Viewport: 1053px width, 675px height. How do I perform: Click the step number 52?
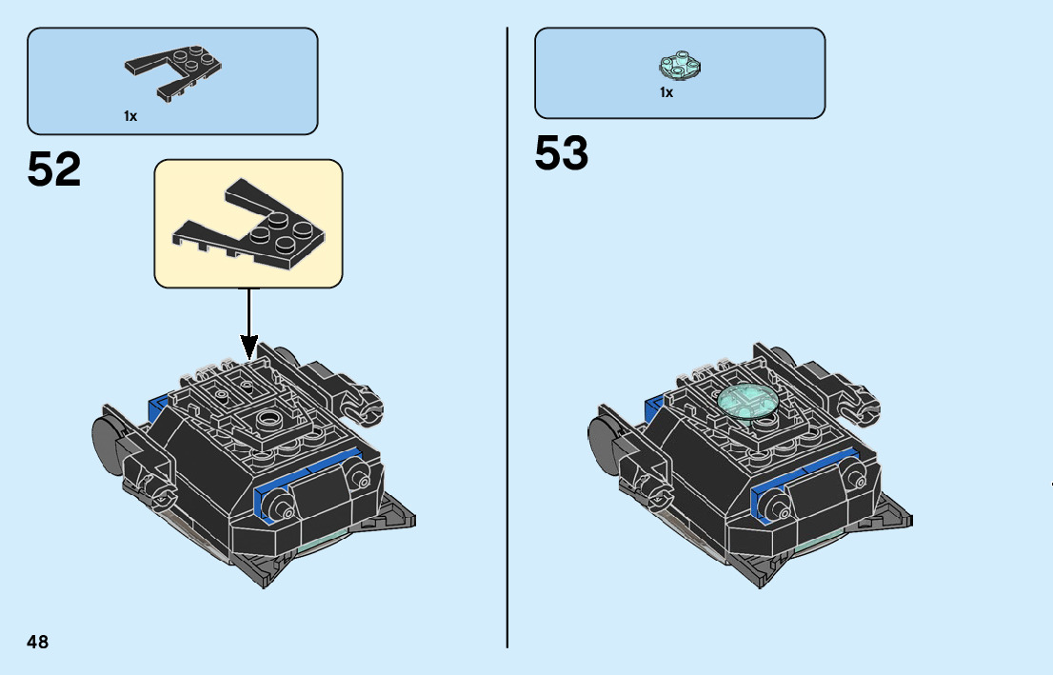tap(54, 170)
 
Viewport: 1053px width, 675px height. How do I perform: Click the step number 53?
tap(562, 152)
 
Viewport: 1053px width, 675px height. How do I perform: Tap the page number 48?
tap(37, 642)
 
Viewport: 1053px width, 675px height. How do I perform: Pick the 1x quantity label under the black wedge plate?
tap(130, 116)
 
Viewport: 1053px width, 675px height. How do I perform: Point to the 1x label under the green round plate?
tap(666, 92)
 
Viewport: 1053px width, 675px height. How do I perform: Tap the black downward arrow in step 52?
tap(248, 324)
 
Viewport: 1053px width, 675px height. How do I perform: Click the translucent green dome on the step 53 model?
tap(745, 401)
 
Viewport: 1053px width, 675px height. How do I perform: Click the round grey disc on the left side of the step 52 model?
tap(106, 439)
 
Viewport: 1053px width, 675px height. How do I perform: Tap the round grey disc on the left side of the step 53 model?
tap(603, 439)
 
